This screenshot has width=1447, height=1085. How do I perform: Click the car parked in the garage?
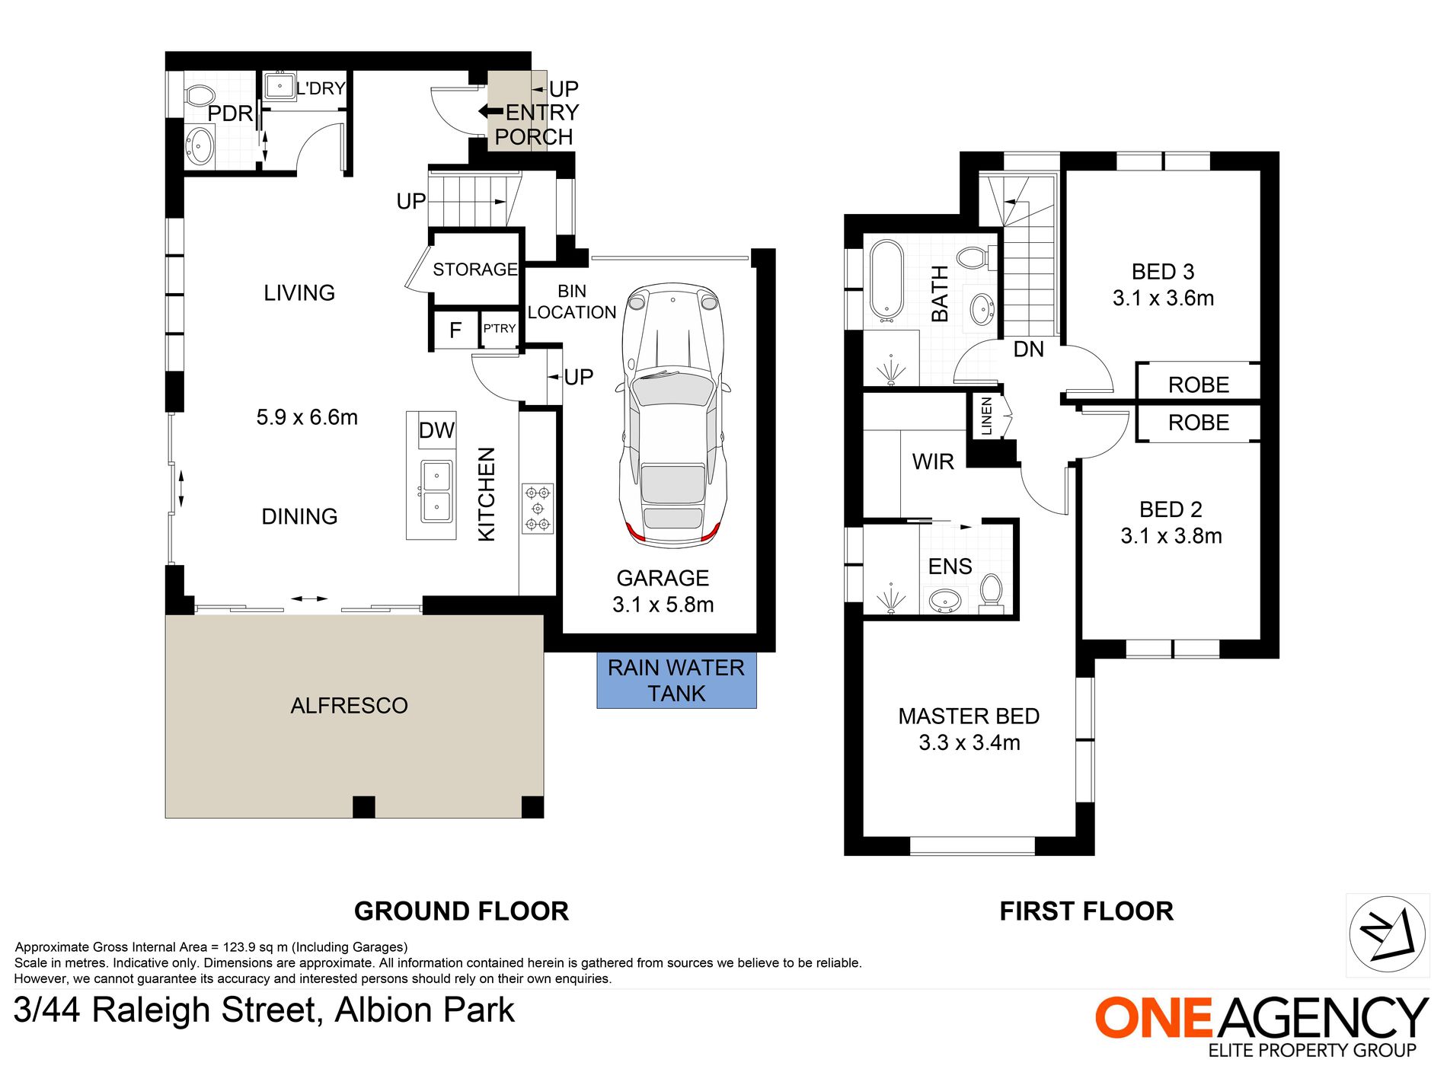coord(673,416)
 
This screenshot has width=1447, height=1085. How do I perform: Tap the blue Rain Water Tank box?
coord(676,681)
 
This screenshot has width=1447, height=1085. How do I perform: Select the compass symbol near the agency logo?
coord(1387,934)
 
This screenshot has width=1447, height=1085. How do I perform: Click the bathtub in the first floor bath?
coord(886,279)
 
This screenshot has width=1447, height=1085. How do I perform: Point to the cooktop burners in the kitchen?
coord(538,508)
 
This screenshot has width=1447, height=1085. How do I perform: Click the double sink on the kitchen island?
coord(436,492)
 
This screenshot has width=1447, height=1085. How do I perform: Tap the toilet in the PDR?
coord(199,96)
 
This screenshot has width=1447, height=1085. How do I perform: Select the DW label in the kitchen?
coord(436,430)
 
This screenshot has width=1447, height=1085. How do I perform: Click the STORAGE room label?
coord(475,270)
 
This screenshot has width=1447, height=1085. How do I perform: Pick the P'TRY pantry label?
coord(500,328)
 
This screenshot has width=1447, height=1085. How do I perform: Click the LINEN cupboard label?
coord(987,416)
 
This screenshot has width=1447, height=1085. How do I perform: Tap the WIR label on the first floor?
coord(933,461)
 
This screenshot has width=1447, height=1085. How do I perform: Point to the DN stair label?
coord(1028,349)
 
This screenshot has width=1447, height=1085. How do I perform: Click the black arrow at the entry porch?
coord(490,112)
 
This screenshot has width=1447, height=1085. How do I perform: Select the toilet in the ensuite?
coord(991,591)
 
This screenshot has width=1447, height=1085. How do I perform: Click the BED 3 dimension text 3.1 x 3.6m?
coord(1163,298)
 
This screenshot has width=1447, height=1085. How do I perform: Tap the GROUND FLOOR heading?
coord(462,911)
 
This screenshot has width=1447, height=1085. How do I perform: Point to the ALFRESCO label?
coord(349,706)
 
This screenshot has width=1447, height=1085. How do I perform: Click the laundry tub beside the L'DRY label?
coord(279,86)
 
